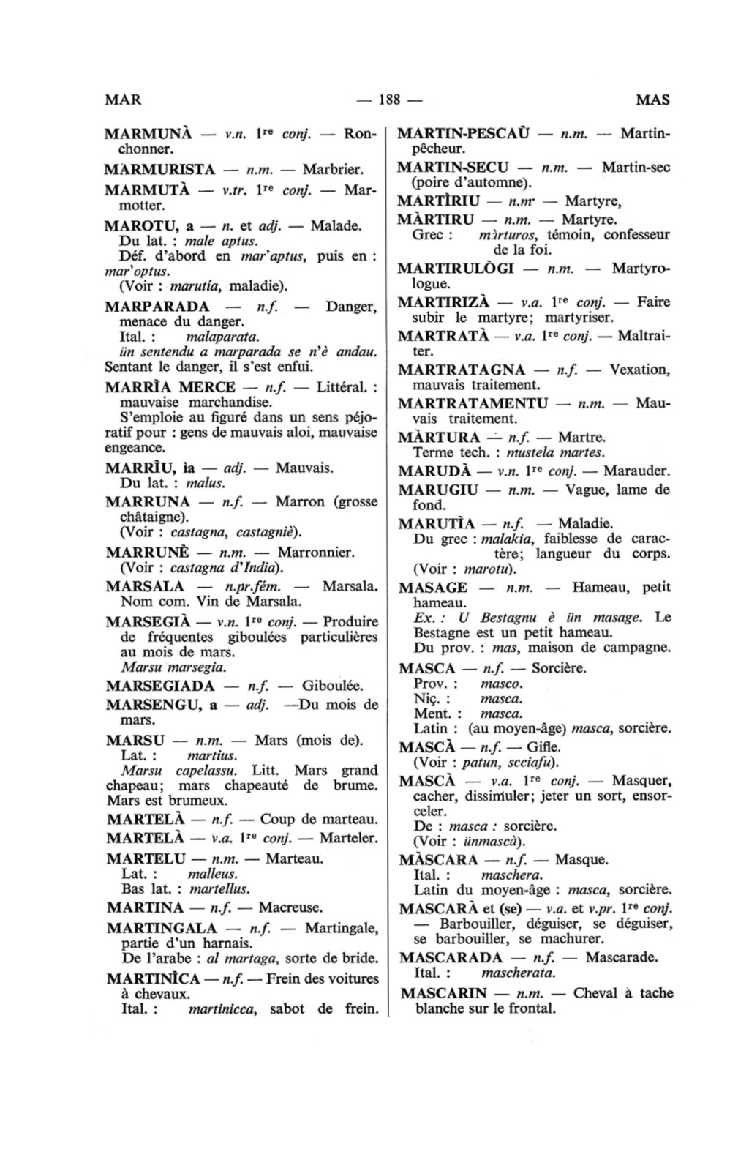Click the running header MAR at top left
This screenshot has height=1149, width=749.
[122, 100]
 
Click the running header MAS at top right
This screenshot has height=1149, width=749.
[652, 100]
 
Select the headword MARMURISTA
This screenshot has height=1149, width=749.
[160, 170]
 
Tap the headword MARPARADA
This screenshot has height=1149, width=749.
[157, 306]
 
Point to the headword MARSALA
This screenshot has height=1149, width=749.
[145, 586]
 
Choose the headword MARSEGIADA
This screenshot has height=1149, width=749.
[160, 686]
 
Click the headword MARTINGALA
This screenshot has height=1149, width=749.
[162, 928]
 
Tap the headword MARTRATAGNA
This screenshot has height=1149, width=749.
[462, 370]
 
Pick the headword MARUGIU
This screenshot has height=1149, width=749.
[437, 489]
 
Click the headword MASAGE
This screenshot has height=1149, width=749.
[433, 587]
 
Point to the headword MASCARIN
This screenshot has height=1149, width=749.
[444, 993]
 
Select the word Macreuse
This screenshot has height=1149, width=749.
[290, 907]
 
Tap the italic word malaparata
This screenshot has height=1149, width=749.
[223, 337]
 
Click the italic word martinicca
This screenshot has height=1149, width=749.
[221, 1010]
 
